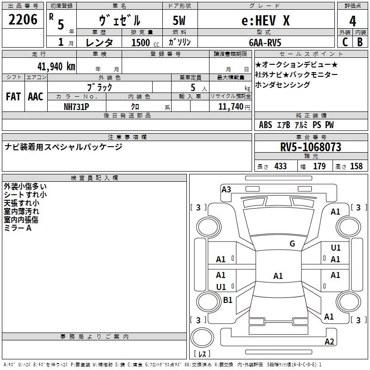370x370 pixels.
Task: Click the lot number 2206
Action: point(23,19)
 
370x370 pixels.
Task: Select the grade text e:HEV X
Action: point(265,20)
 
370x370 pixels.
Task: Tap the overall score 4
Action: point(352,21)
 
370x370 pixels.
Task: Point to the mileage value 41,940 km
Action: point(56,67)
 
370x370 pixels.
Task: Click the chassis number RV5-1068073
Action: point(311,147)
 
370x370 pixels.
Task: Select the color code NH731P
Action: point(76,107)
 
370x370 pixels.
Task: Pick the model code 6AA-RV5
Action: point(265,43)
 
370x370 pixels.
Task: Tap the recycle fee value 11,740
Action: point(230,107)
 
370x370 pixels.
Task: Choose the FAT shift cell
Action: point(13,97)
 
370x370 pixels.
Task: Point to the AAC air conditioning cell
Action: point(36,97)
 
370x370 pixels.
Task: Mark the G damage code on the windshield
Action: point(292,244)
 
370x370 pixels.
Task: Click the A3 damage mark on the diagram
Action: point(226,190)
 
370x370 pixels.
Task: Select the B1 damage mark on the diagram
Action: point(228,300)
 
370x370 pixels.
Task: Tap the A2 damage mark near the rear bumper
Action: point(329,341)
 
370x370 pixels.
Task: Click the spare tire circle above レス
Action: point(202,337)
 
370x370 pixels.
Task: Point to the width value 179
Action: point(319,166)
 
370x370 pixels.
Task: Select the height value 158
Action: point(356,166)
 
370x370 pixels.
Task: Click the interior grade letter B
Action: point(360,42)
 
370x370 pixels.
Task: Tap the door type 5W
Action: point(179,20)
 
